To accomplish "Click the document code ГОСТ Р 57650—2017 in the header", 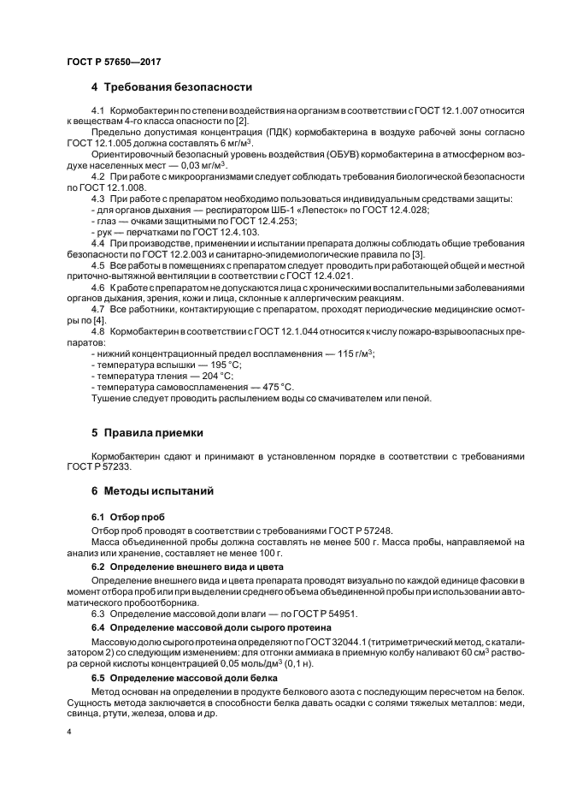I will coord(113,62).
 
